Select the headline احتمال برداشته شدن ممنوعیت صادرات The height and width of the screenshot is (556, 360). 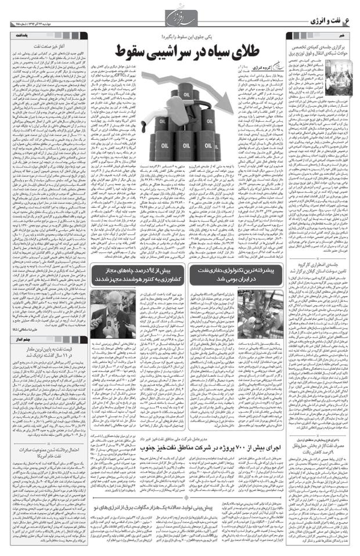pyautogui.click(x=49, y=481)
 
